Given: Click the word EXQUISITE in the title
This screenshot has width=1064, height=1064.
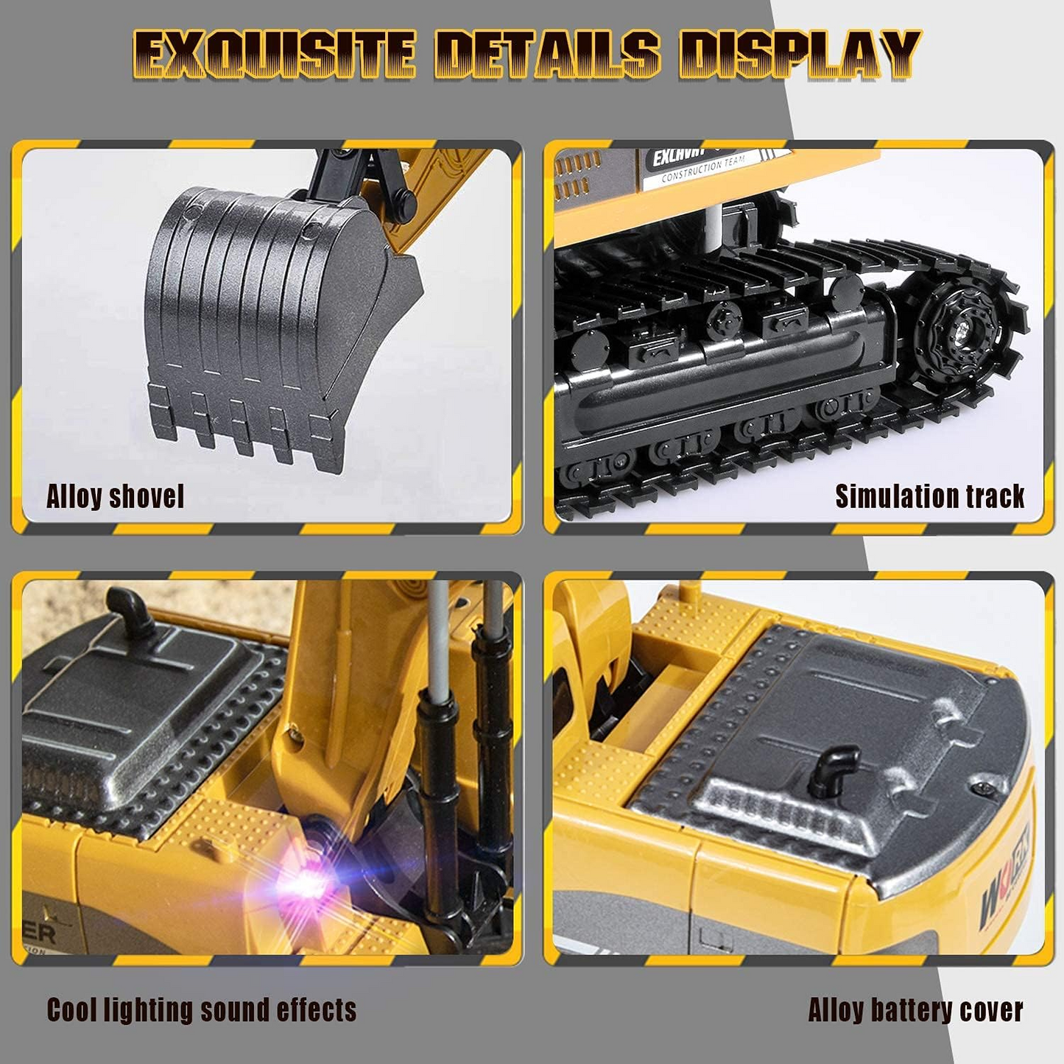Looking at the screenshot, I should tap(273, 54).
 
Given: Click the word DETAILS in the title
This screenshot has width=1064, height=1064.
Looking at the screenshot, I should tap(547, 54).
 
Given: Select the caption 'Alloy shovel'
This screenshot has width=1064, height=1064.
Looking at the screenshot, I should tap(115, 496).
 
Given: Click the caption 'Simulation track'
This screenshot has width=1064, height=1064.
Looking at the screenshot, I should tap(929, 496).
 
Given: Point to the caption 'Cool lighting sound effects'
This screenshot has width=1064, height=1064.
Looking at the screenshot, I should tap(201, 1010).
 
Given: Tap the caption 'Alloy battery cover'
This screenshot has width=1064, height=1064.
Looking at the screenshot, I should tap(915, 1010).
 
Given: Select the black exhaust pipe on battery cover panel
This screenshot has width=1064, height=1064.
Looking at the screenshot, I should tap(833, 770).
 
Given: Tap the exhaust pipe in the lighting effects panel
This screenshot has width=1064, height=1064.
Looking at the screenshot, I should tap(130, 610).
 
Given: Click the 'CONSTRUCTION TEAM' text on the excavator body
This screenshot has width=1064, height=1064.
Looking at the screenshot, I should tap(702, 169).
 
